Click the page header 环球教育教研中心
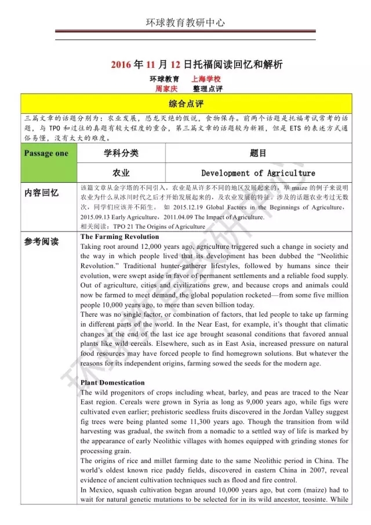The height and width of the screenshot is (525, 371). [x=185, y=23]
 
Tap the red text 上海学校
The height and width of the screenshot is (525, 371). [x=206, y=79]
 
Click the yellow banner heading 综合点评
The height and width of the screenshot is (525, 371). [x=185, y=104]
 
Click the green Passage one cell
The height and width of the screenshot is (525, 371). [x=46, y=153]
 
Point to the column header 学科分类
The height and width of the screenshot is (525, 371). [x=121, y=153]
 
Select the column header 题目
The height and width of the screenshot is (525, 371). [x=258, y=153]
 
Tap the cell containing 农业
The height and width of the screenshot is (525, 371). [x=121, y=173]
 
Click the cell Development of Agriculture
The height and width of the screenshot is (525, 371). [x=258, y=173]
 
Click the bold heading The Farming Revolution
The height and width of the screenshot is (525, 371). [x=111, y=237]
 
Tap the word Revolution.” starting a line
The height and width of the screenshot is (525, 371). [x=100, y=266]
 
